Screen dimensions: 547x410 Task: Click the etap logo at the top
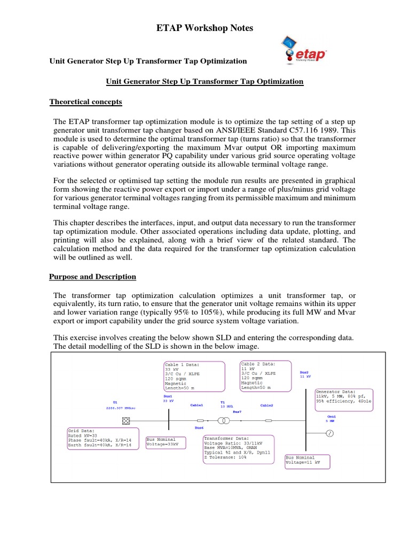point(302,53)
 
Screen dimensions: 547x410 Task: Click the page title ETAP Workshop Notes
point(204,28)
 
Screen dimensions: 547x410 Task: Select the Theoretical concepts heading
point(86,101)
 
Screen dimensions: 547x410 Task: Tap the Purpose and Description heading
point(93,277)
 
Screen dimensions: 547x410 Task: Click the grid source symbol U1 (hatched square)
point(126,420)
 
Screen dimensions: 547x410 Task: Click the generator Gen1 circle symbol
point(329,434)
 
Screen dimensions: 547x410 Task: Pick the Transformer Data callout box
point(238,449)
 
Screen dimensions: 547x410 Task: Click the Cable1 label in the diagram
point(197,405)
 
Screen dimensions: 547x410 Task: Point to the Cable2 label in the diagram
point(266,405)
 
